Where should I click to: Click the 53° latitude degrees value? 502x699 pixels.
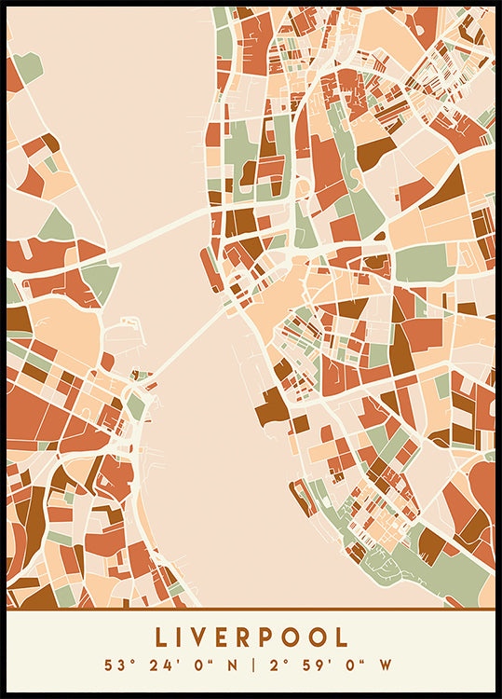(115, 666)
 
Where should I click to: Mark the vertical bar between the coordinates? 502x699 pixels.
(251, 666)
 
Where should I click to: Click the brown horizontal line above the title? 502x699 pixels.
(251, 610)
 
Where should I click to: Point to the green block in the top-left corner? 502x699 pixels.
(28, 66)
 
